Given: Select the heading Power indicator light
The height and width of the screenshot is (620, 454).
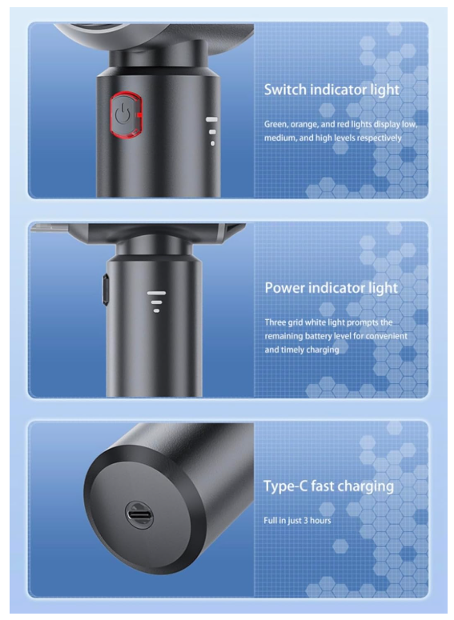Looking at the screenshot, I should coord(331,288).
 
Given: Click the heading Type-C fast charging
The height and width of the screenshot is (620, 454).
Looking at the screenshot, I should coord(328,486).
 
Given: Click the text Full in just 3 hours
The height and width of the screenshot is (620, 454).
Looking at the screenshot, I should coord(297,521).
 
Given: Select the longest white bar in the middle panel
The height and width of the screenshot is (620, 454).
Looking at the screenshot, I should coord(156,293).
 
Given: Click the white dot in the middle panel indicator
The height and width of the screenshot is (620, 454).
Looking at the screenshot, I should coord(156,310).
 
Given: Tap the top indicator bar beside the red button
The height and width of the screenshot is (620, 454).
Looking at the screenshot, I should coord(211,118).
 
